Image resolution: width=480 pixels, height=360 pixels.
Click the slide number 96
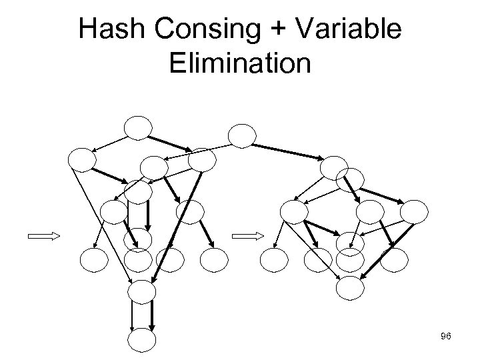pos(446,337)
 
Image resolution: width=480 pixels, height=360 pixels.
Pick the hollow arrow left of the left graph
pos(43,235)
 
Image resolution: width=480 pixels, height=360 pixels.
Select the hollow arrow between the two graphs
pos(251,235)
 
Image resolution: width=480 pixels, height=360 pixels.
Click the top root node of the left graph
pos(139,128)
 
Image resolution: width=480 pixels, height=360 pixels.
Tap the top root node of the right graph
pos(242,135)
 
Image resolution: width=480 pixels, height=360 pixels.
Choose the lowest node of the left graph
pos(141,341)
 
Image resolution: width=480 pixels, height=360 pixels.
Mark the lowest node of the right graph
pos(350,287)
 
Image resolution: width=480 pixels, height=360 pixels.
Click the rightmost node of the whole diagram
pos(414,211)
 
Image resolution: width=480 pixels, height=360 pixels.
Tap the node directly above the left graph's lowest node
pos(141,291)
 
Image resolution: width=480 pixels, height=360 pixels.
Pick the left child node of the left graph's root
pos(83,159)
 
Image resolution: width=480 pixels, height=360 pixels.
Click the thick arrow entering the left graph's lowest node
pos(152,317)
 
